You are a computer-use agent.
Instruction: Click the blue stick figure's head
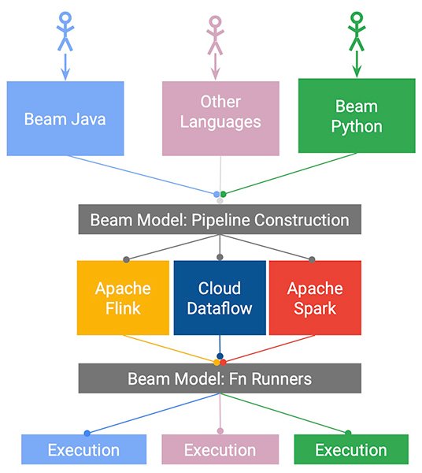65,17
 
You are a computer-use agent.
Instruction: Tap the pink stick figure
215,35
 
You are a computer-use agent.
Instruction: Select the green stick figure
357,32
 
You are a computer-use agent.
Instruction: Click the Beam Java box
65,118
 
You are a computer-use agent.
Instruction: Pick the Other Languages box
220,118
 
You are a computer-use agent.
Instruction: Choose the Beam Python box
357,116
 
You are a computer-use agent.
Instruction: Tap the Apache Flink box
123,298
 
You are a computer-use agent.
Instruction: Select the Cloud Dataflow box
220,298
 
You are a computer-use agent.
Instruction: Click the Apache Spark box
315,298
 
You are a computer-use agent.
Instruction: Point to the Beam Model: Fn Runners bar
220,378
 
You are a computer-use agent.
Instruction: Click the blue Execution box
83,449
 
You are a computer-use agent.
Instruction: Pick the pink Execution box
220,449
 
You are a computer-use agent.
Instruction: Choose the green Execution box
351,449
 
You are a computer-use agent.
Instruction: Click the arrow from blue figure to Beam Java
65,67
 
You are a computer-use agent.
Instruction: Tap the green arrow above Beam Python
357,64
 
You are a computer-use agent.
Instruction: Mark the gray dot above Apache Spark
312,259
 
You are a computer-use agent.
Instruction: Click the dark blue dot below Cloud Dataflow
220,356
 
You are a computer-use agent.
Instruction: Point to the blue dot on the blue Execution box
87,434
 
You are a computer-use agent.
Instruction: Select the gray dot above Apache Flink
127,259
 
